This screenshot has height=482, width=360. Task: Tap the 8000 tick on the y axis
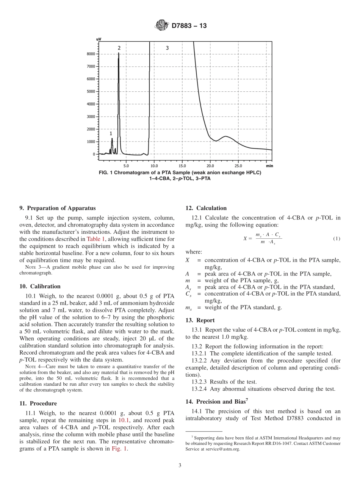[x=91, y=54]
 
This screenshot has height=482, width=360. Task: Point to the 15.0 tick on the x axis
[x=182, y=166]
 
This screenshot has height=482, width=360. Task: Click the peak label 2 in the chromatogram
[x=119, y=48]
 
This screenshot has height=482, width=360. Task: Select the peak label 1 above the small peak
[x=111, y=133]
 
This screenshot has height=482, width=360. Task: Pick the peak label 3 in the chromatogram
[x=167, y=48]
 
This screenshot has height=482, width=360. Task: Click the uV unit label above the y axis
[x=99, y=39]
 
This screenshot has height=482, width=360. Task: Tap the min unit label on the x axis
[x=269, y=166]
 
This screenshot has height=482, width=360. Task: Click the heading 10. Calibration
[x=40, y=286]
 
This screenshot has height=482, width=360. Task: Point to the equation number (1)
[x=337, y=238]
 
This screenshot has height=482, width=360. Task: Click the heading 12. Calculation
[x=206, y=208]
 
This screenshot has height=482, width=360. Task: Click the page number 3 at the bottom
[x=180, y=465]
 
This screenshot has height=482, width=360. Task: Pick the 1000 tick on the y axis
[x=91, y=142]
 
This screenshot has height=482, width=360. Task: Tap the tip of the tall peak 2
[x=119, y=53]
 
